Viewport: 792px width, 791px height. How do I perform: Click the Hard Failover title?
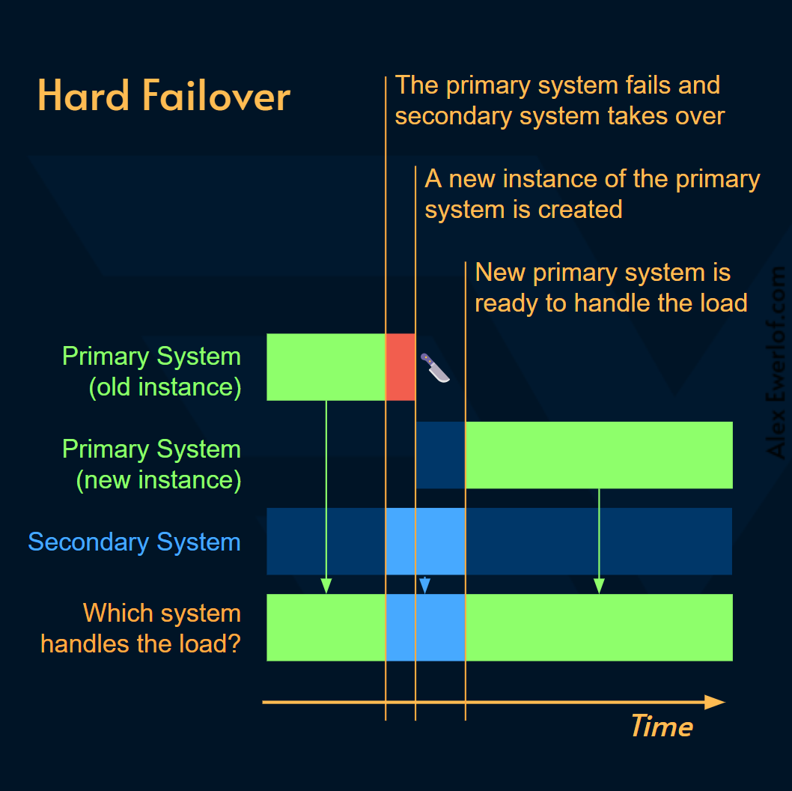point(164,97)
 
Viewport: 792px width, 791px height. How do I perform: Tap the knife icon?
point(435,368)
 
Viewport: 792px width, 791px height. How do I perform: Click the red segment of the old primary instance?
point(400,367)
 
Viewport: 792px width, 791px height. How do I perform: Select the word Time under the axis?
point(661,727)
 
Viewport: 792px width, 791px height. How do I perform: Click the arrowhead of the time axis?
point(715,703)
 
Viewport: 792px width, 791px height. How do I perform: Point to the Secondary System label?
point(134,542)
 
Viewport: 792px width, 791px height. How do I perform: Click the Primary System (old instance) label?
point(152,372)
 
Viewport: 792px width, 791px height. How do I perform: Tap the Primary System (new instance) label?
point(152,464)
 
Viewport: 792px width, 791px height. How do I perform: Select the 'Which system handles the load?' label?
point(141,628)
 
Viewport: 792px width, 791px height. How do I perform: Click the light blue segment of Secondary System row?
point(425,541)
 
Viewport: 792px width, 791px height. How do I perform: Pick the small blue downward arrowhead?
point(424,586)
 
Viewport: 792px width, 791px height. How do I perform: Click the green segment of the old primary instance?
point(326,367)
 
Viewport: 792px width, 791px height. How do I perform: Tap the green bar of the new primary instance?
point(599,455)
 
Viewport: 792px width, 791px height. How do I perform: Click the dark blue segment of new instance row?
point(440,455)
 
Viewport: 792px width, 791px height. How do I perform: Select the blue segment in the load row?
point(425,628)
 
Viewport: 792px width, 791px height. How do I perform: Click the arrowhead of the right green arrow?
point(599,586)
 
